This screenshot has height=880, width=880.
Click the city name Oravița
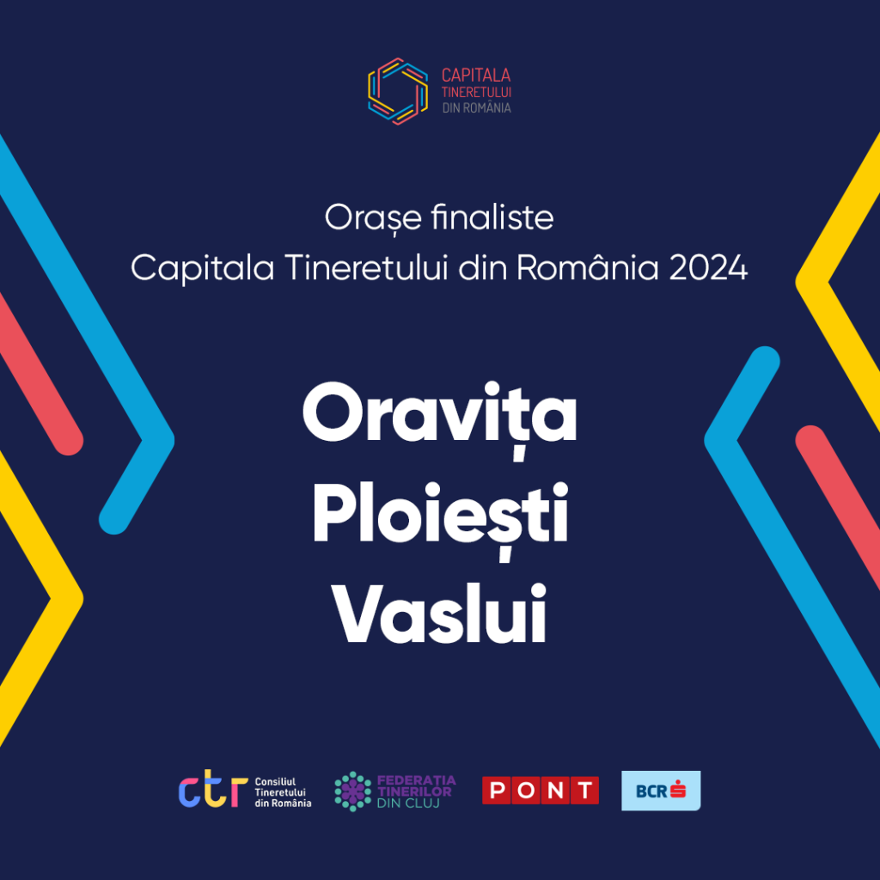pos(440,419)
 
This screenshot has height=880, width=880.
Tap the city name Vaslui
pos(440,614)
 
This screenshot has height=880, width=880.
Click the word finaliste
pos(492,217)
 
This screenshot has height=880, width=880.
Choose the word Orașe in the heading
pos(373,219)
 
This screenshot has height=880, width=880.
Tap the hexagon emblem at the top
pos(397,91)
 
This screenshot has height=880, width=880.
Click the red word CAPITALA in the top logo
pos(476,75)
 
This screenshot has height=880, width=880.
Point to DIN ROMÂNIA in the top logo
pos(476,107)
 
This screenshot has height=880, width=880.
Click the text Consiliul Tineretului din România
pos(283,791)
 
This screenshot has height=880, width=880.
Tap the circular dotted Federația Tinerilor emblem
pos(352,791)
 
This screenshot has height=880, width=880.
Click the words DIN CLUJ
pos(408,804)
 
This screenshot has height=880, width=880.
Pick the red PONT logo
pos(541,791)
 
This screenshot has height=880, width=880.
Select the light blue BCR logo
pos(661,791)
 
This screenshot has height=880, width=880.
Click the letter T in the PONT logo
pos(584,791)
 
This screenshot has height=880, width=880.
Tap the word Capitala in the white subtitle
pos(203,269)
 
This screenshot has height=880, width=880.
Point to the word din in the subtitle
pos(482,268)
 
